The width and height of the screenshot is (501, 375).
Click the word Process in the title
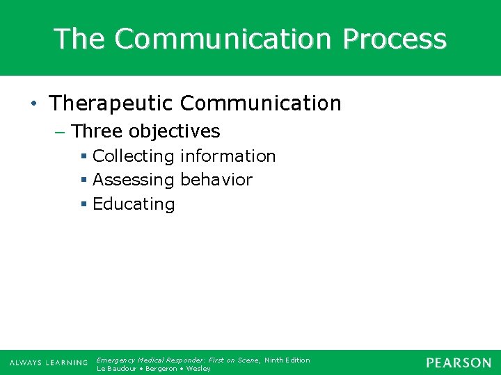click(x=394, y=39)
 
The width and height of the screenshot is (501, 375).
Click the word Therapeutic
click(x=111, y=104)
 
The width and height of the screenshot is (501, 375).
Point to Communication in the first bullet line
click(x=260, y=104)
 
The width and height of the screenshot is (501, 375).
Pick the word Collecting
click(x=133, y=156)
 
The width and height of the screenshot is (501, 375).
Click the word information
click(x=228, y=156)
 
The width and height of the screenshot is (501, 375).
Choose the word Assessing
click(x=133, y=180)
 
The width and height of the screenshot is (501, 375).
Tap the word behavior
click(x=216, y=180)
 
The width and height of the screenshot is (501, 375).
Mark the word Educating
click(x=134, y=204)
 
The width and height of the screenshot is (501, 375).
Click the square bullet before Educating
click(x=84, y=205)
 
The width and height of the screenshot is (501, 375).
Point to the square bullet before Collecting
click(x=84, y=157)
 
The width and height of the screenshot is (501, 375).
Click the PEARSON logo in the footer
click(x=459, y=362)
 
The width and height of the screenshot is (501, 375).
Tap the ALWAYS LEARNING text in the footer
click(x=48, y=363)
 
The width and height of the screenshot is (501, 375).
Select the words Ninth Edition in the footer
click(x=287, y=360)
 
